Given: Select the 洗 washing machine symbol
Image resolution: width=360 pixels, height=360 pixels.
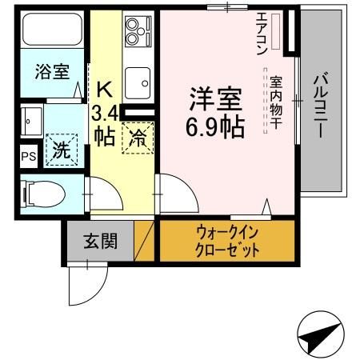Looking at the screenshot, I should click(x=61, y=149).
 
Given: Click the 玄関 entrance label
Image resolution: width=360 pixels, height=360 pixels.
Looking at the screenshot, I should click(x=98, y=240).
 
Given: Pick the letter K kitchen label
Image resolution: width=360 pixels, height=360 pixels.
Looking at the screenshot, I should click(x=105, y=87).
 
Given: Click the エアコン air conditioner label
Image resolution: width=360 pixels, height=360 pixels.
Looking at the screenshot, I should click(x=262, y=33).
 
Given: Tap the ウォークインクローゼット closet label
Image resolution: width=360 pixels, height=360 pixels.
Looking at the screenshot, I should click(x=227, y=241).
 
